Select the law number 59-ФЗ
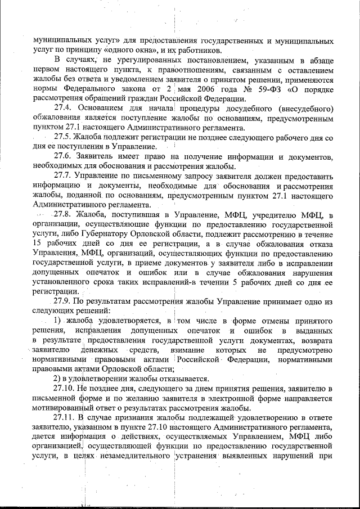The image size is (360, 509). (263, 89)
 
